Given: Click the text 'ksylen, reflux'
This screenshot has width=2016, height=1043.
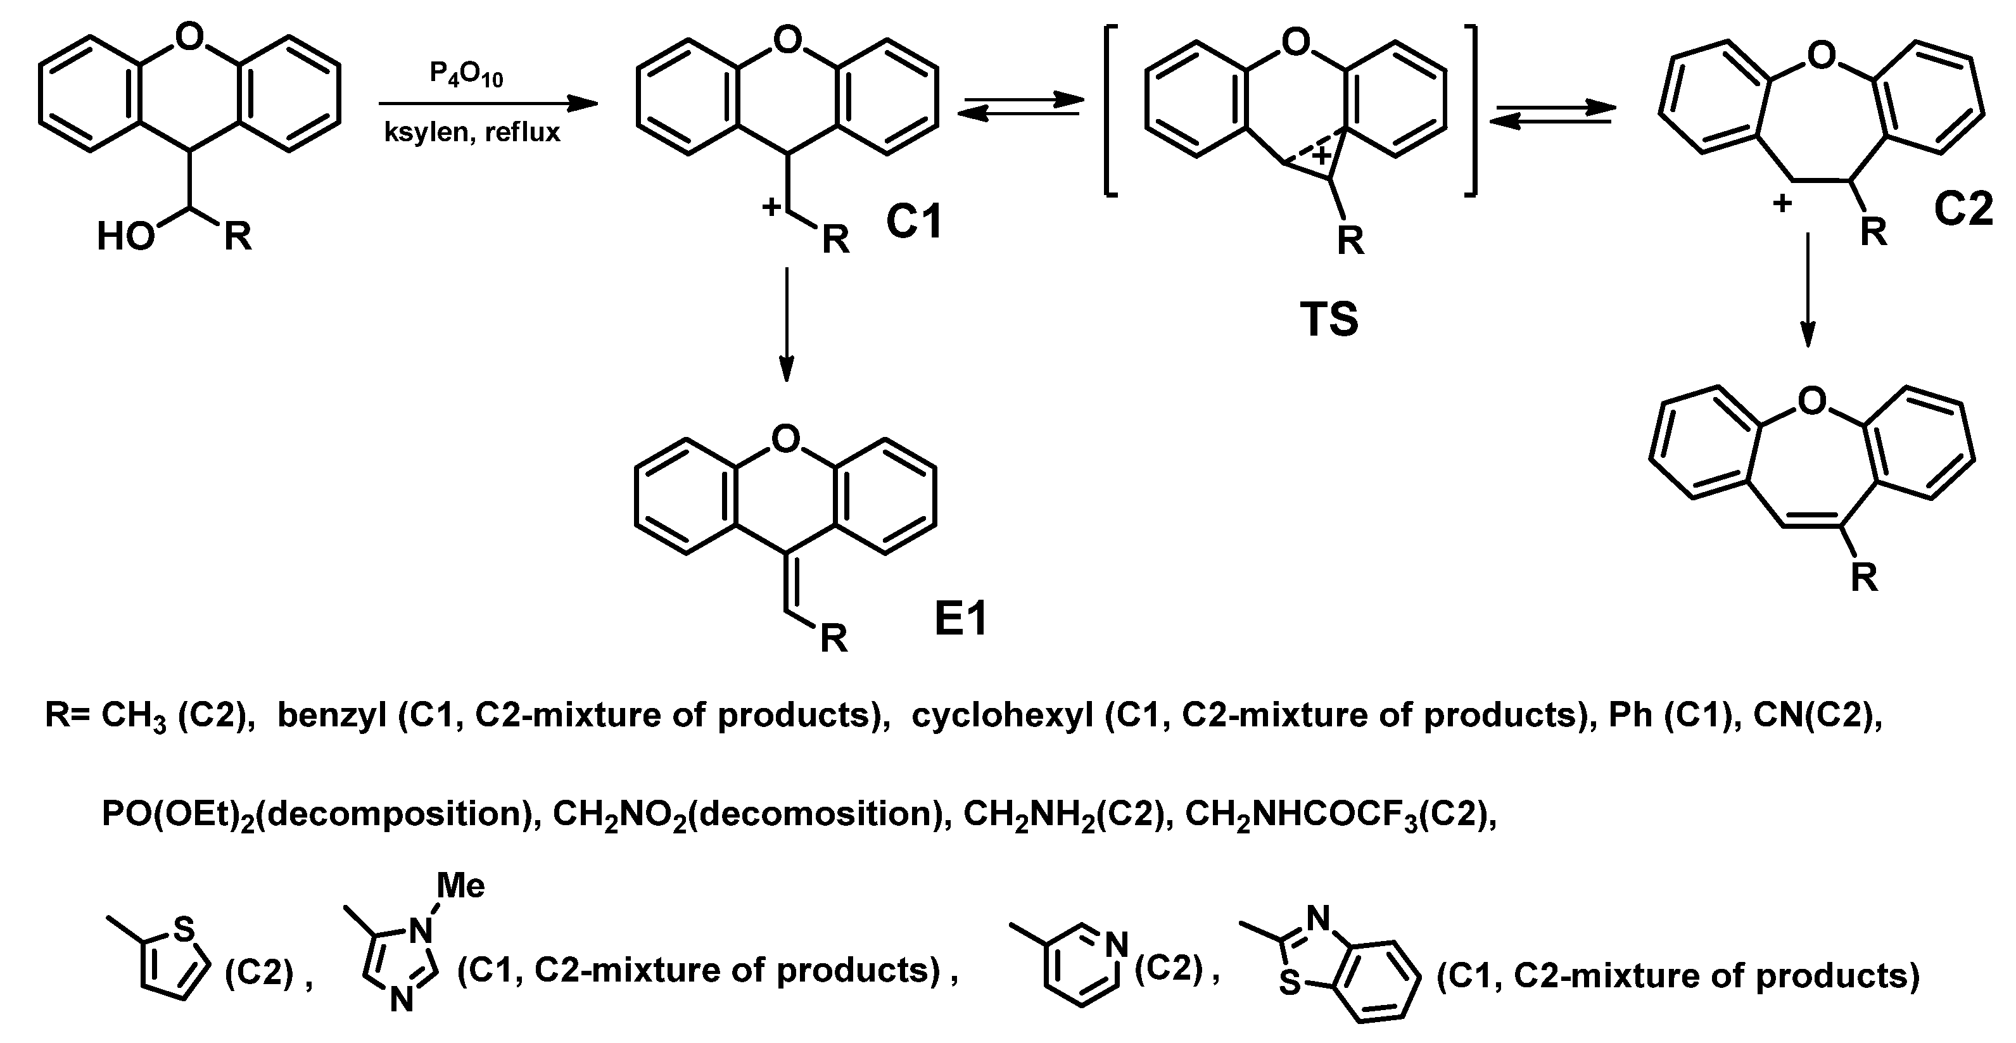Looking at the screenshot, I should [472, 132].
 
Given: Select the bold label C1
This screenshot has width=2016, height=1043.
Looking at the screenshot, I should [913, 222].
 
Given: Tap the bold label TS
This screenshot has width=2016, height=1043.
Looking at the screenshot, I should [1329, 319].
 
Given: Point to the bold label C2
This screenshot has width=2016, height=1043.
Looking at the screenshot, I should [1963, 210].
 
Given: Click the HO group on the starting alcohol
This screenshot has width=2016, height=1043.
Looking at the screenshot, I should [125, 236].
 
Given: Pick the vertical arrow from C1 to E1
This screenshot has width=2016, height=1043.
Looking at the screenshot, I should [787, 324].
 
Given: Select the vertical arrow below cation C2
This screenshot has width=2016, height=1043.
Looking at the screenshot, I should [1807, 289].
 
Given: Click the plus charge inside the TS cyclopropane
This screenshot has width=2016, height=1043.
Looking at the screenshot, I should [1321, 156].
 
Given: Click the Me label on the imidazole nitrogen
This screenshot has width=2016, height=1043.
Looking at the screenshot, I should [460, 886].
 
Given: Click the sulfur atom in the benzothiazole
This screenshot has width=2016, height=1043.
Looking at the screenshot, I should [1289, 983].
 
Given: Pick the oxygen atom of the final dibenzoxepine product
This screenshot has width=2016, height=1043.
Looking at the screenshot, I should [1811, 401].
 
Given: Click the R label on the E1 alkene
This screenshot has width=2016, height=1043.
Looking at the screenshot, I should [834, 639].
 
